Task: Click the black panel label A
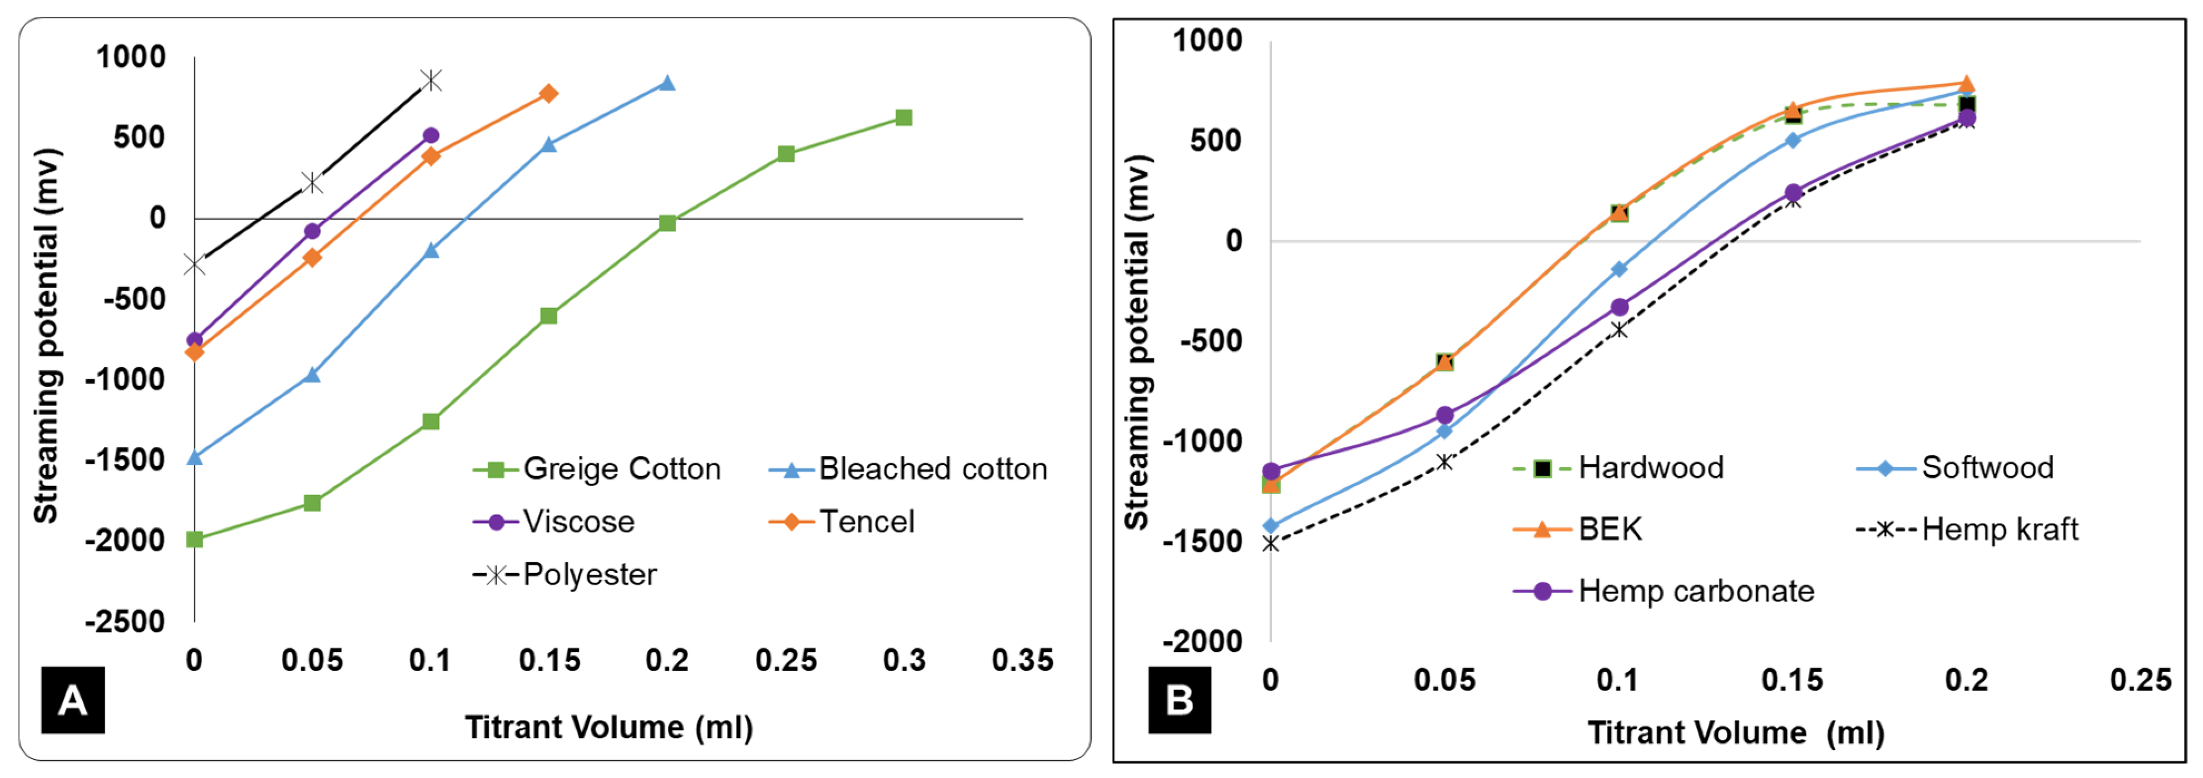73,700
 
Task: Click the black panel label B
1179,700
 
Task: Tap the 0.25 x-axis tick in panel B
2140,681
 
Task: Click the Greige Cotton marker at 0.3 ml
903,118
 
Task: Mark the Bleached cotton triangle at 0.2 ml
667,83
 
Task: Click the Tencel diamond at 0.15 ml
549,94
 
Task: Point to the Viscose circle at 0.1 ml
431,135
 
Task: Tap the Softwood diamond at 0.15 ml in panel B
1793,140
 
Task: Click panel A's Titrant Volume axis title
609,727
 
